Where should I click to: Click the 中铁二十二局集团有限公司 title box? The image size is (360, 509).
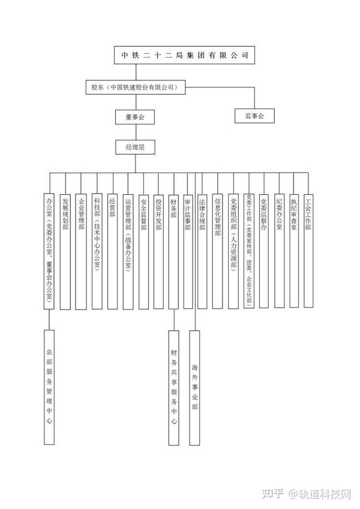(184, 56)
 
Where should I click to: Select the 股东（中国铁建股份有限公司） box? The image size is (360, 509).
(134, 88)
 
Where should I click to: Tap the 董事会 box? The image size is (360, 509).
(134, 117)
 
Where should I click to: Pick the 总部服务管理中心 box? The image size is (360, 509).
(49, 387)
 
